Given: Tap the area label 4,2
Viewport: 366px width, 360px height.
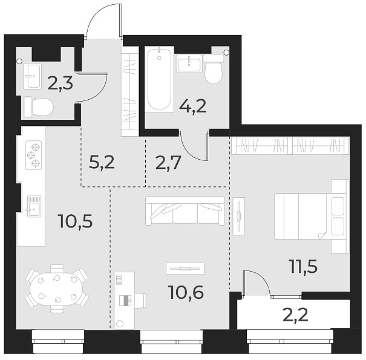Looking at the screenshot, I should click(x=194, y=107).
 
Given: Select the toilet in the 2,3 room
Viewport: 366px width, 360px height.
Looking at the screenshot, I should click(x=38, y=108).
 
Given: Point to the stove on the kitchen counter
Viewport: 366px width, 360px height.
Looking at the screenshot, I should click(x=33, y=154).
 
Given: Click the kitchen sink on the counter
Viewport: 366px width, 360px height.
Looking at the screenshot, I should click(x=33, y=205).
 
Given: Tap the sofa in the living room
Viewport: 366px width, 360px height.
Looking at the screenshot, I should click(x=185, y=211).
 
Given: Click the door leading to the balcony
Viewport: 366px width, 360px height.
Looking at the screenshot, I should click(x=257, y=284).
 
